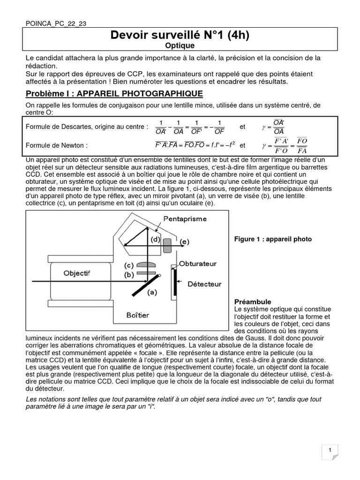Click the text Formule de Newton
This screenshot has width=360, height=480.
pyautogui.click(x=56, y=145)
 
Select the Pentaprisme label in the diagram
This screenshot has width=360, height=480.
pyautogui.click(x=185, y=219)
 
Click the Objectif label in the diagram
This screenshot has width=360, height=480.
pyautogui.click(x=77, y=273)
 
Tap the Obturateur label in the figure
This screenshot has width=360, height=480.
pyautogui.click(x=198, y=264)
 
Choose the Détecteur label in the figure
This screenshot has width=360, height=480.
pyautogui.click(x=204, y=284)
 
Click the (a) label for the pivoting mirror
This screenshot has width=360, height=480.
pyautogui.click(x=152, y=293)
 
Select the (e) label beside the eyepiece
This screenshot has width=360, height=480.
pyautogui.click(x=185, y=241)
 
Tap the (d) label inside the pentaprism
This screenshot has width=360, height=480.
pyautogui.click(x=155, y=240)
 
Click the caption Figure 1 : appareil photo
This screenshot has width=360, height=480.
pyautogui.click(x=273, y=239)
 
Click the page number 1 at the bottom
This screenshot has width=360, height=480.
pyautogui.click(x=330, y=450)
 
